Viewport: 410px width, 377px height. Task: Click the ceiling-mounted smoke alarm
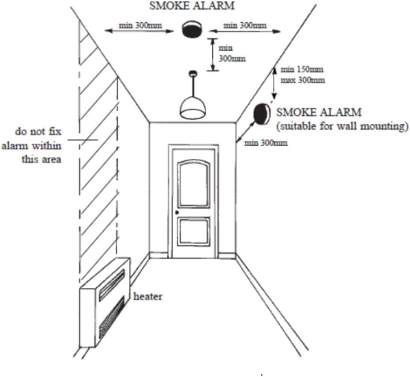click(192, 29)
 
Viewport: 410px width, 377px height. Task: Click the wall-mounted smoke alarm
click(261, 114)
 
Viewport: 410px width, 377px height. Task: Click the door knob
click(177, 212)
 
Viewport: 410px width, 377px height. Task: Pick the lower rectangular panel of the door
click(194, 231)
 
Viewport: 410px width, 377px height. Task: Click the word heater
click(148, 296)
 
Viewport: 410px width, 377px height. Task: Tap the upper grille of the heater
click(112, 285)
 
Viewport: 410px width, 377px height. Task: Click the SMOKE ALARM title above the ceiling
click(192, 5)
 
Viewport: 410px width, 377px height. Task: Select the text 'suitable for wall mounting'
click(342, 127)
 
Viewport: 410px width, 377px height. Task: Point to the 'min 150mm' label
click(302, 70)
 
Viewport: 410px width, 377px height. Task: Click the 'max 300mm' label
click(303, 80)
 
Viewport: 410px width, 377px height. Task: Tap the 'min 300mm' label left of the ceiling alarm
click(140, 25)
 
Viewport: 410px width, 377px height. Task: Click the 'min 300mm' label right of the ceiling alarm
click(245, 25)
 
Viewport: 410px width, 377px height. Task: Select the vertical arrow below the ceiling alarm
click(213, 54)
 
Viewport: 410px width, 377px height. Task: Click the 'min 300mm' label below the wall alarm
click(266, 143)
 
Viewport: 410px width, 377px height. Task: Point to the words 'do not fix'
click(38, 131)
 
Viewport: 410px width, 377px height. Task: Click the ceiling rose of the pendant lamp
click(193, 73)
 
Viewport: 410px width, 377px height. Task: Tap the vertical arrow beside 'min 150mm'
click(274, 82)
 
